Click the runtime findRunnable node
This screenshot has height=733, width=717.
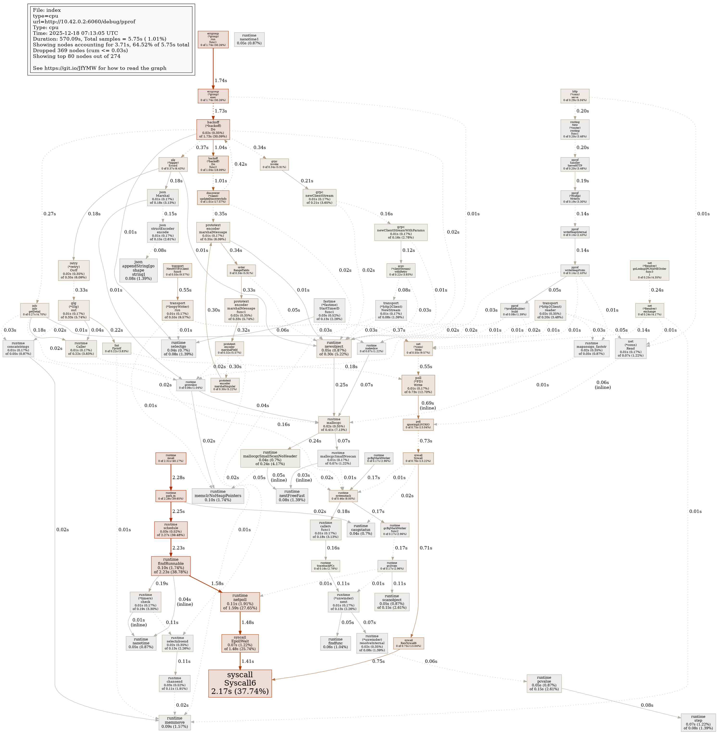pos(171,566)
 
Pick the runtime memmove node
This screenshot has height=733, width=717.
pos(174,722)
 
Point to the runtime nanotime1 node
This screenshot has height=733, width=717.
pos(249,39)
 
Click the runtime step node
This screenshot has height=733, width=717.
pos(698,722)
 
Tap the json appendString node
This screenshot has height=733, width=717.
pos(138,270)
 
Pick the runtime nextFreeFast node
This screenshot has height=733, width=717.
pos(292,496)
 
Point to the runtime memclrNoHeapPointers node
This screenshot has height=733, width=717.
pos(218,496)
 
